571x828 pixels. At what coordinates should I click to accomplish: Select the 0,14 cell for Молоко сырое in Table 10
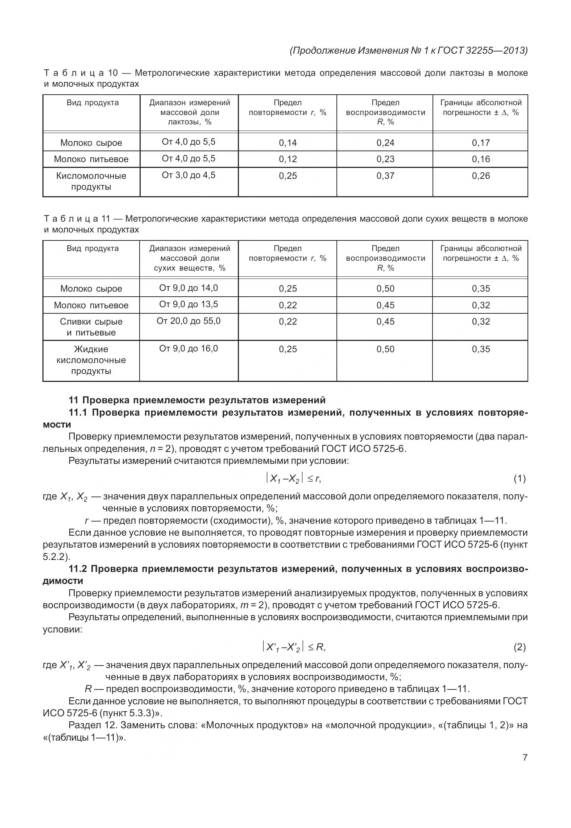coord(287,143)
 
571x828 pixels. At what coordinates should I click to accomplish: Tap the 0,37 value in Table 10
coord(385,176)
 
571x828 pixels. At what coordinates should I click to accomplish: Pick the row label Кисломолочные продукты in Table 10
coord(91,181)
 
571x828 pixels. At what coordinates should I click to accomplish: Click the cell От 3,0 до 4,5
coord(189,175)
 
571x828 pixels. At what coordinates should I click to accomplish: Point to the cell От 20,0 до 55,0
coord(189,321)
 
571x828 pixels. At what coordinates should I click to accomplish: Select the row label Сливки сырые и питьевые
coord(91,327)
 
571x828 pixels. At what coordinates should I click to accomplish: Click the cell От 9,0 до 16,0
coord(189,349)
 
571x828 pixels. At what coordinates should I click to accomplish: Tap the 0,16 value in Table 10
coord(481,159)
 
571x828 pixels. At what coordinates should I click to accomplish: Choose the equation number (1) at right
coord(519,479)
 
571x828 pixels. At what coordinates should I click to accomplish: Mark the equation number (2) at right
coord(519,647)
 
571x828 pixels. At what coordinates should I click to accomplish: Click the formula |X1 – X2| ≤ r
coord(294,479)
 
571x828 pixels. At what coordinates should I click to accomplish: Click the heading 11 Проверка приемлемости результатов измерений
coord(197,400)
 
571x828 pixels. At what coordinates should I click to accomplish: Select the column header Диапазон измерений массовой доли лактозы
coord(190,112)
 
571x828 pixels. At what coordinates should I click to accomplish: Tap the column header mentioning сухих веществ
coord(190,258)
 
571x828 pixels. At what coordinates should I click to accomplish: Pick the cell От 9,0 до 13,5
coord(189,304)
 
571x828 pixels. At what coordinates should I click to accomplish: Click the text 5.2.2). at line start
coord(56,556)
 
